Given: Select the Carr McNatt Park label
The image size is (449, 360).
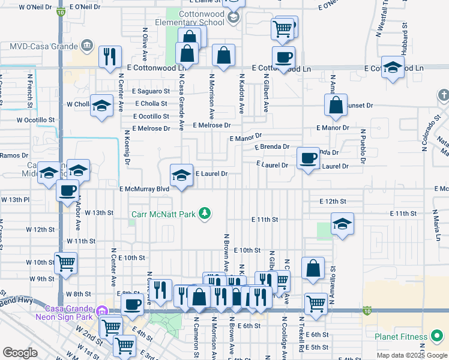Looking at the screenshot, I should pyautogui.click(x=165, y=213).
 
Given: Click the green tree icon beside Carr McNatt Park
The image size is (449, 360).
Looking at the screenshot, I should pyautogui.click(x=205, y=213).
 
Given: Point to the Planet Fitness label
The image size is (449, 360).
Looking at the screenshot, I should pyautogui.click(x=402, y=337).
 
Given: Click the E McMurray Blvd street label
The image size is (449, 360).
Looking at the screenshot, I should pyautogui.click(x=144, y=189).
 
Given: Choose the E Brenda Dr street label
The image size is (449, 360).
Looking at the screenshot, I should pyautogui.click(x=272, y=146).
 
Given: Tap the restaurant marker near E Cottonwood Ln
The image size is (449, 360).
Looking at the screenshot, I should pyautogui.click(x=110, y=56).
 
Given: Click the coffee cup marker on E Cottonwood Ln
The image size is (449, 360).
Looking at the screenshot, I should pyautogui.click(x=283, y=58).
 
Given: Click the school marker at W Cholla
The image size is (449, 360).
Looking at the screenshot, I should pyautogui.click(x=102, y=106).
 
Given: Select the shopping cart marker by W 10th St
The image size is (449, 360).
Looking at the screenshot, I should pyautogui.click(x=65, y=263).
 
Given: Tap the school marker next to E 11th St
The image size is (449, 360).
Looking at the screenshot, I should pyautogui.click(x=342, y=224).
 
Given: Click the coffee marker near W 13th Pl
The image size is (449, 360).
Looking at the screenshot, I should pyautogui.click(x=67, y=191).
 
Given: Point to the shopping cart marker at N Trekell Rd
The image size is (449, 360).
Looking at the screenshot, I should pyautogui.click(x=316, y=303).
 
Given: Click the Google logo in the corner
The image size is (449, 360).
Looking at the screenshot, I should pyautogui.click(x=20, y=353).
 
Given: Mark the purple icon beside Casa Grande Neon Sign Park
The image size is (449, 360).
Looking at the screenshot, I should pyautogui.click(x=101, y=311).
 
